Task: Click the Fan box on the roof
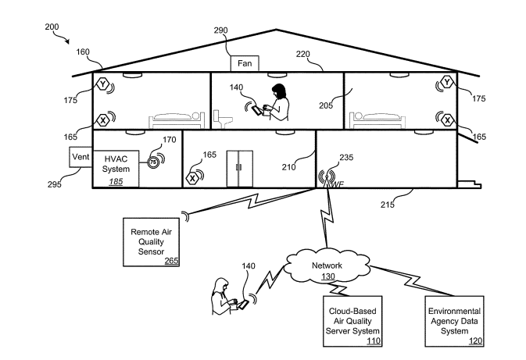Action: [x=243, y=62]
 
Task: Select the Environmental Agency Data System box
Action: [x=454, y=320]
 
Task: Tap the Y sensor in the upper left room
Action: [x=103, y=83]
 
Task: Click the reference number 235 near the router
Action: [x=347, y=157]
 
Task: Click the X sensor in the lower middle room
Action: [x=193, y=178]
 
